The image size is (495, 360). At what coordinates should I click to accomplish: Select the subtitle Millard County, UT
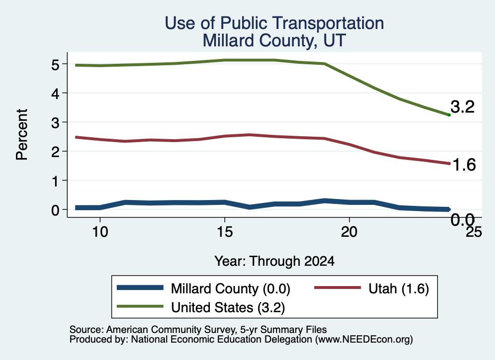click(x=274, y=41)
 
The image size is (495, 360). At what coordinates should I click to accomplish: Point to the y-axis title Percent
click(x=22, y=134)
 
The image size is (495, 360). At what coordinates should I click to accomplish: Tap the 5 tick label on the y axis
click(x=55, y=65)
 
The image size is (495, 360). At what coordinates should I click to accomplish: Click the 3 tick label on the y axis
click(x=55, y=122)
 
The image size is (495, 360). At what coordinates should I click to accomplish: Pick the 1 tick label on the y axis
click(x=56, y=181)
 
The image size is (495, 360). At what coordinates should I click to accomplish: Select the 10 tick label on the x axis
click(x=100, y=232)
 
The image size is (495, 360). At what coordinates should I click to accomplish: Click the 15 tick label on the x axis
click(x=225, y=232)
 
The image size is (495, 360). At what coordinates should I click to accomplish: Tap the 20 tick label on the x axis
click(x=349, y=232)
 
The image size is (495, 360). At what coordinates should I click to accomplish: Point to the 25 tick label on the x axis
click(x=474, y=232)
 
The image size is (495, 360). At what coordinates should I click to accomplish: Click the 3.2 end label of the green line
click(x=463, y=107)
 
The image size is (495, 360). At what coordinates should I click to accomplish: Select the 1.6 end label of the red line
click(x=464, y=165)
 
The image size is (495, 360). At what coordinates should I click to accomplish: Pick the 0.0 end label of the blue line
click(x=463, y=219)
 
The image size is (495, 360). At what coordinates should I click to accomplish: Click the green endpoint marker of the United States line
click(x=449, y=115)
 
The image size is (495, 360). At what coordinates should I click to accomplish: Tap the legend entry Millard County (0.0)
click(x=204, y=288)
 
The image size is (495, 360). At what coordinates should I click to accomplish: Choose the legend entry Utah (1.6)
click(x=372, y=288)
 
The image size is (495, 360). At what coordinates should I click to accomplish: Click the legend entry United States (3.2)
click(x=201, y=307)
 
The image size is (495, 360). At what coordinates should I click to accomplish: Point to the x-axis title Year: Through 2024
click(x=275, y=261)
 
